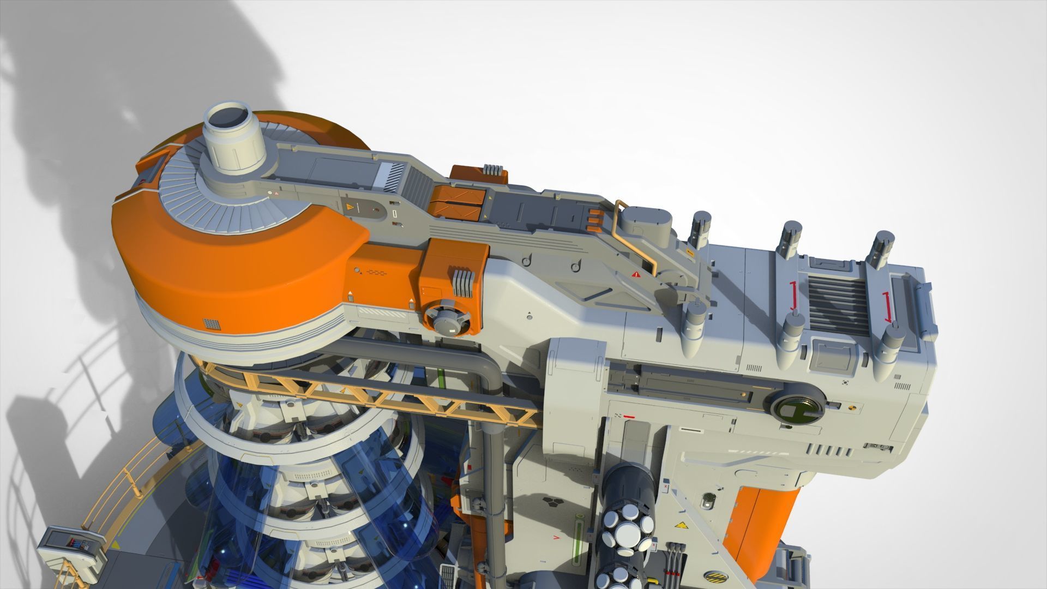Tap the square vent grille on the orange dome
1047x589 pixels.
point(212,324)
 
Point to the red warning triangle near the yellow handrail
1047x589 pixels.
point(636,274)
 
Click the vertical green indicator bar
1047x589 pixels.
point(577,545)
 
